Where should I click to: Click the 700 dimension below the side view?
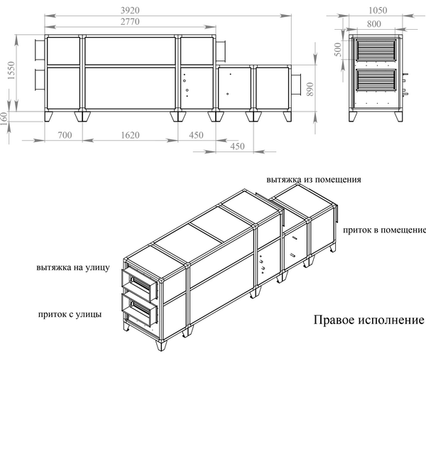(64, 134)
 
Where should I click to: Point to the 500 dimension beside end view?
(339, 50)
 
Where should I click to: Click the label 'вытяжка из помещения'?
(314, 180)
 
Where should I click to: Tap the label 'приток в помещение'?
(384, 230)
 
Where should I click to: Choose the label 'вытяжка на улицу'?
(72, 268)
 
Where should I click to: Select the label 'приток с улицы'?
(70, 313)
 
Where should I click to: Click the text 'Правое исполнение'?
(368, 321)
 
